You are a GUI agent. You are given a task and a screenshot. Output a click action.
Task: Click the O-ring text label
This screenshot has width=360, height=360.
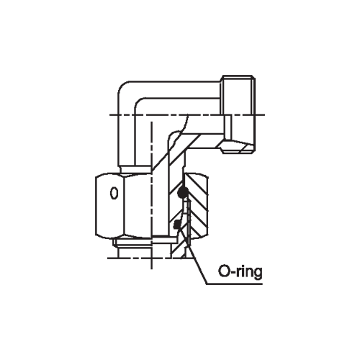(240, 272)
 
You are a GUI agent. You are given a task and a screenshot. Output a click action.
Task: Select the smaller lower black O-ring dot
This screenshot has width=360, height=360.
(176, 225)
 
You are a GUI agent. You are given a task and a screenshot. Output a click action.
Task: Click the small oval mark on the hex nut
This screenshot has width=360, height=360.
(114, 193)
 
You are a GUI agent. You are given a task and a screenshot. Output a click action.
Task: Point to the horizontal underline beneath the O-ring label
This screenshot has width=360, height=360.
(234, 284)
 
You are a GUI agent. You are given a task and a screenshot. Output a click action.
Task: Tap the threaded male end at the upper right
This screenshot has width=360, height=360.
(238, 114)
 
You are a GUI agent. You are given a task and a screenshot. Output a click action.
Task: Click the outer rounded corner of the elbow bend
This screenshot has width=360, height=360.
(123, 87)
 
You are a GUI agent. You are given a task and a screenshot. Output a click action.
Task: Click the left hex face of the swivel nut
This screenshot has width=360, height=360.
(109, 206)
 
